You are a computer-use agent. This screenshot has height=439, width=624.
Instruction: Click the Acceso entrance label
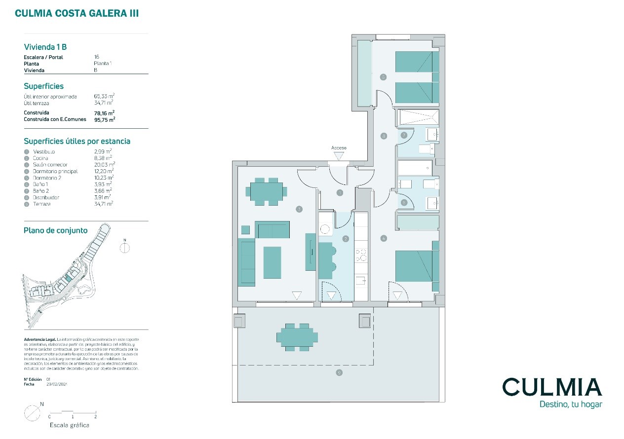click(x=339, y=148)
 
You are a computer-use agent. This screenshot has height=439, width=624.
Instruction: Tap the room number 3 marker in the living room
click(x=299, y=209)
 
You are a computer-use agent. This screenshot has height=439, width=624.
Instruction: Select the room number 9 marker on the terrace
click(x=339, y=372)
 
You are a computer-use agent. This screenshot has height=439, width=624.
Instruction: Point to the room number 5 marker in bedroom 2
click(x=383, y=77)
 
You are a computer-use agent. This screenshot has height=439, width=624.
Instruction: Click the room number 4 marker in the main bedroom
click(x=384, y=238)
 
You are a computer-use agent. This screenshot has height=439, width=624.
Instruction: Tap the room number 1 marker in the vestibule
click(x=340, y=193)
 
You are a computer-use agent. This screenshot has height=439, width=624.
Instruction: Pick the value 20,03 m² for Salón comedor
click(x=104, y=165)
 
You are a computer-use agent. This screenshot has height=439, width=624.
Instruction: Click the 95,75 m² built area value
click(x=104, y=119)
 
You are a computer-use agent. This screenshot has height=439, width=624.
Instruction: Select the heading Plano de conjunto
click(x=56, y=230)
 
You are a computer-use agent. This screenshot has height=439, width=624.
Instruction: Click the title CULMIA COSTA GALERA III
click(x=77, y=14)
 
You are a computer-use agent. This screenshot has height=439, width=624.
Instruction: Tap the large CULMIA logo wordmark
click(x=552, y=387)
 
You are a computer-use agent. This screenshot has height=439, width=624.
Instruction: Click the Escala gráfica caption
click(x=70, y=425)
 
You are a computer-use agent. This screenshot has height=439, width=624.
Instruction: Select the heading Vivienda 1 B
click(x=45, y=47)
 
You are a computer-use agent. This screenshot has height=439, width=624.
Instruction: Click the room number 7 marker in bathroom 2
click(x=404, y=135)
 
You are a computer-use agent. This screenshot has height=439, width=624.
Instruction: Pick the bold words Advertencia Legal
click(x=40, y=340)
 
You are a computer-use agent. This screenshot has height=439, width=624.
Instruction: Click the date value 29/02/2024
click(x=56, y=384)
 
